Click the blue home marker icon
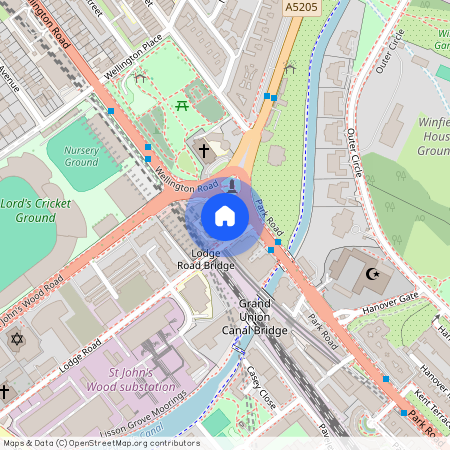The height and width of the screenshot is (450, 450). [x=225, y=215]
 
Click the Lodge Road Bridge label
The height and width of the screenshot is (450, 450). [x=207, y=259]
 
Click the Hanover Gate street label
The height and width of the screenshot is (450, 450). [x=391, y=298]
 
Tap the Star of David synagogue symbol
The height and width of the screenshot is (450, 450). [x=15, y=340]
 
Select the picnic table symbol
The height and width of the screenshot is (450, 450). [x=182, y=104]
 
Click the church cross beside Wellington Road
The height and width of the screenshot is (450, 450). [x=204, y=151]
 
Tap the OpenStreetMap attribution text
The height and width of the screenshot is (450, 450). [x=100, y=442]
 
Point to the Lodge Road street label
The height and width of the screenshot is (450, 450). [x=80, y=355]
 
